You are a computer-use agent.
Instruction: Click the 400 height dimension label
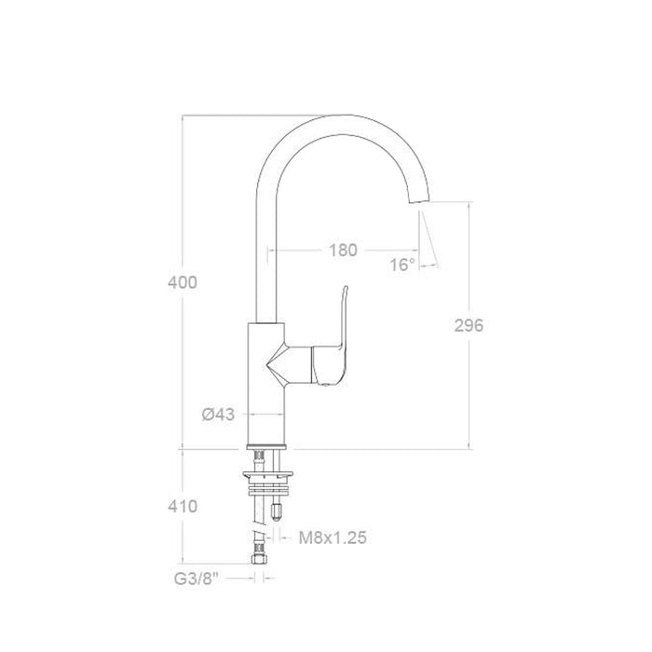click(x=183, y=282)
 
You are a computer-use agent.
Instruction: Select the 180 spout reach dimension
click(x=343, y=250)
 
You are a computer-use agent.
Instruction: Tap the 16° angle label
click(x=402, y=265)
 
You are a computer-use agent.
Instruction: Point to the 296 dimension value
click(x=468, y=325)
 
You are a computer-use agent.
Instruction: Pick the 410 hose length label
click(x=183, y=507)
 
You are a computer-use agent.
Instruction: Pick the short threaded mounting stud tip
click(x=278, y=509)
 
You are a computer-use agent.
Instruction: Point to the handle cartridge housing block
click(x=326, y=363)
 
